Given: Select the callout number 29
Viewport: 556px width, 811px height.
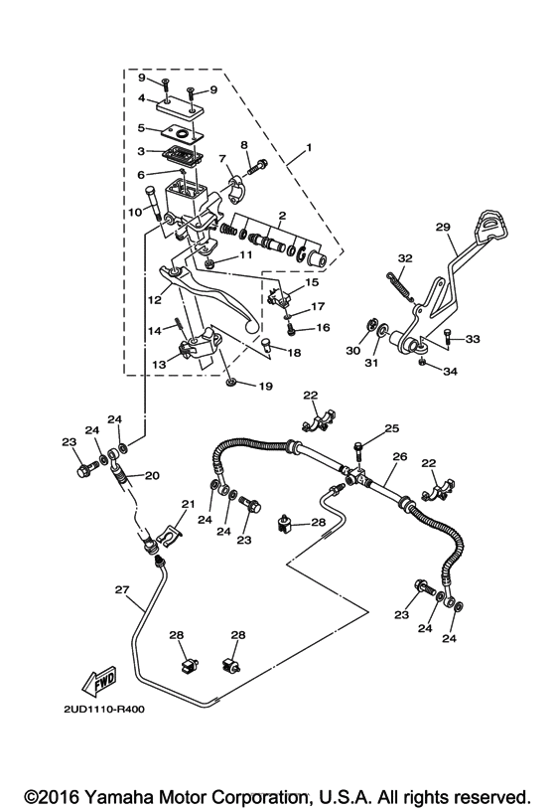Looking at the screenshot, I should point(443,227).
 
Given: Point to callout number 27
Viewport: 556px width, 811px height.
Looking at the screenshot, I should point(121,589).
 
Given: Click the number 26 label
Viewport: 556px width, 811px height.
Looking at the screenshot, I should point(399,458).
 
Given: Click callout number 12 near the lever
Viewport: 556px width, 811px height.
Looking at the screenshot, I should point(156,298).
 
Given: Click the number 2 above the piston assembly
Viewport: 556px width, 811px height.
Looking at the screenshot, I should point(282,216).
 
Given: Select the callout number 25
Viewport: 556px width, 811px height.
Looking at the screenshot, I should point(392,428).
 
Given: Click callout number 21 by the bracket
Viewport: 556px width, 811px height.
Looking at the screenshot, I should point(188,506).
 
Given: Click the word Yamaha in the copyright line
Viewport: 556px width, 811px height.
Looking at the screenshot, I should point(106,797).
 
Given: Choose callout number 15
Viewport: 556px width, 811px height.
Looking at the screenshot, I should point(312,283).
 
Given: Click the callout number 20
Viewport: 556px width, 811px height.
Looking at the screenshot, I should point(152,475).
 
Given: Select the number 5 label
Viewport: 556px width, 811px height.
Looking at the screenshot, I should point(143,127).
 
